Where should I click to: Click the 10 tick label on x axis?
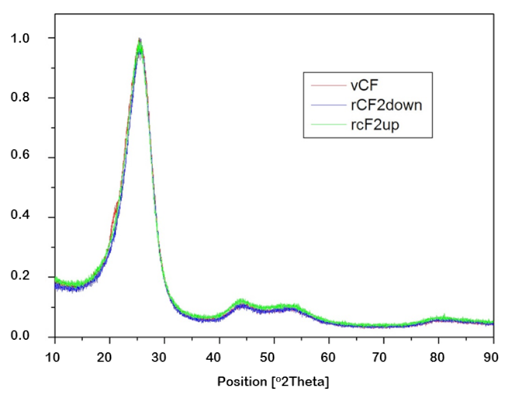tap(55, 356)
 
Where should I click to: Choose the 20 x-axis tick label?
tap(109, 356)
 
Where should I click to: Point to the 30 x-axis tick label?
tap(164, 356)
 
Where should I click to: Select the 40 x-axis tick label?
tap(219, 356)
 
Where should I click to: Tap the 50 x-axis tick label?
tap(274, 356)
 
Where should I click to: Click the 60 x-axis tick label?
tap(329, 356)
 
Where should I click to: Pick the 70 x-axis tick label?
tap(383, 356)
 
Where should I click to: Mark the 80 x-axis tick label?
tap(438, 356)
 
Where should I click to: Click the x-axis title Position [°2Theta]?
tap(274, 382)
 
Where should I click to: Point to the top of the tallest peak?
tap(139, 40)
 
